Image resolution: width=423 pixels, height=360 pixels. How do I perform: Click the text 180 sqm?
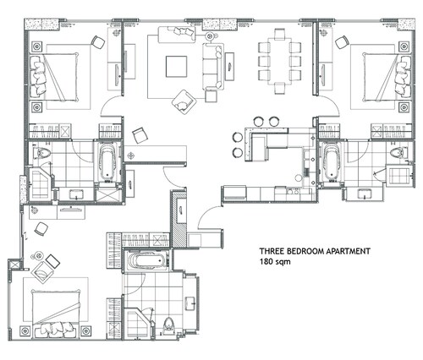tap(275, 262)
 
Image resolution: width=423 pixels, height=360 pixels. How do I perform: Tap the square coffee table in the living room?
tap(176, 66)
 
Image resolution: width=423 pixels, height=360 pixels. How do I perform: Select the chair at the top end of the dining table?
tap(279, 35)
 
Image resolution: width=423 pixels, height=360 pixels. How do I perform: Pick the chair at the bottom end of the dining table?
tap(279, 89)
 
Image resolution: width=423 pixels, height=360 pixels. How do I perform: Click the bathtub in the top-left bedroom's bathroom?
tap(107, 161)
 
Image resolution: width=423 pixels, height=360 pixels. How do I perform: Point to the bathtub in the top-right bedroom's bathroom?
tap(332, 161)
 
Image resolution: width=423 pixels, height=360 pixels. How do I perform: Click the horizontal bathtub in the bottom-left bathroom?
tap(146, 260)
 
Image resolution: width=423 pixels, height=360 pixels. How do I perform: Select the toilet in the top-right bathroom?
tap(398, 153)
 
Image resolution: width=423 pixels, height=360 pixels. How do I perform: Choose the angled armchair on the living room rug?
tap(184, 102)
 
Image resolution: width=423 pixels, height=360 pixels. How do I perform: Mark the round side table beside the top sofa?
tap(210, 36)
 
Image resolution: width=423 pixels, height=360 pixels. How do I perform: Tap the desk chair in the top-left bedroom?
tap(98, 42)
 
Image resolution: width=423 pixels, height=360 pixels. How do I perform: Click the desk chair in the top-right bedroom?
tap(342, 42)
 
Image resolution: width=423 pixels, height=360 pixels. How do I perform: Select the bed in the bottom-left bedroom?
tap(56, 314)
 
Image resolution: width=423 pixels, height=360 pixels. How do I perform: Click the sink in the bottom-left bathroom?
tap(191, 303)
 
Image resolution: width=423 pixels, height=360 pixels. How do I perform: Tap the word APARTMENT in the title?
tap(348, 251)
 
